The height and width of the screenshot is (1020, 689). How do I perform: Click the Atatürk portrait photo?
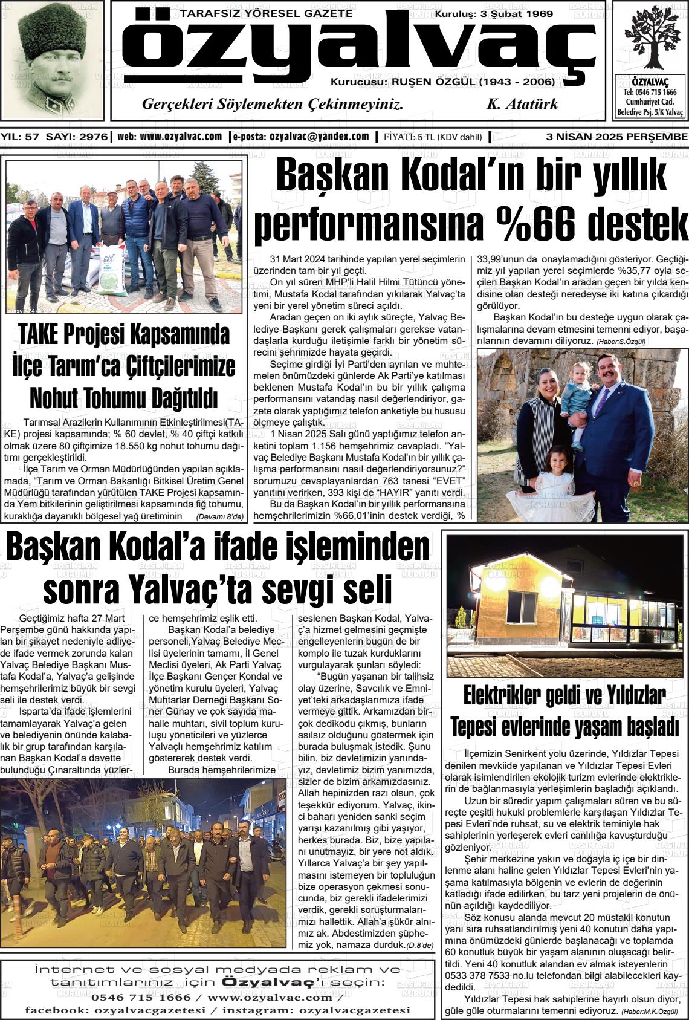[52, 60]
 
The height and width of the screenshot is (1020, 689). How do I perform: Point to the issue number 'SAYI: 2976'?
[78, 137]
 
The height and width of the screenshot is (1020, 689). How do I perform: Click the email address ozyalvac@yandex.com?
[319, 137]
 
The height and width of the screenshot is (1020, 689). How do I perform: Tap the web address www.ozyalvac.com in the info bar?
[181, 137]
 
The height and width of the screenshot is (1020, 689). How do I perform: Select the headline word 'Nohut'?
[59, 398]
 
